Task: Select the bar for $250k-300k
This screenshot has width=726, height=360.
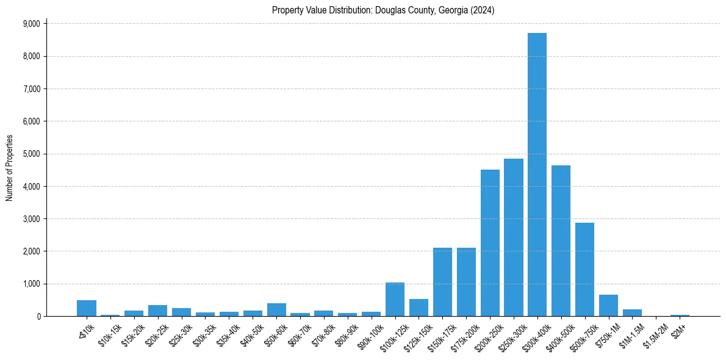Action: [513, 237]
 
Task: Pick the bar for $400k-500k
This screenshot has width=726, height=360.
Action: [561, 240]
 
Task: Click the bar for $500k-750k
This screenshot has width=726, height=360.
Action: [584, 269]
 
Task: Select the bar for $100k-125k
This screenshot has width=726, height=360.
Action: [395, 300]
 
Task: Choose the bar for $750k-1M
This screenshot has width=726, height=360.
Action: [608, 306]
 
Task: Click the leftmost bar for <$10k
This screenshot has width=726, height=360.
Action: [87, 308]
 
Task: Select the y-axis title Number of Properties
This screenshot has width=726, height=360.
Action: [10, 168]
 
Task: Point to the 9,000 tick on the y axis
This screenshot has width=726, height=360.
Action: [31, 24]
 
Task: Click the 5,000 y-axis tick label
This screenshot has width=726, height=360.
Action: [31, 154]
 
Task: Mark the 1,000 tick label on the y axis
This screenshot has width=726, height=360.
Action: [31, 284]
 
